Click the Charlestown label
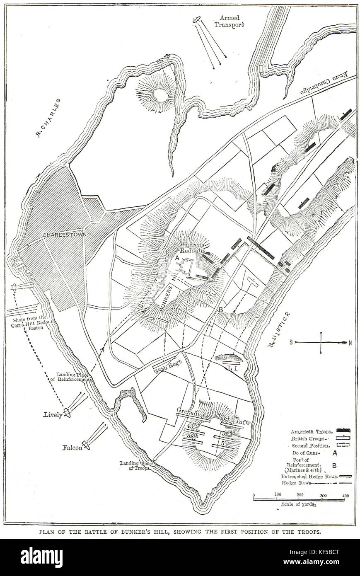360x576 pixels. click(65, 235)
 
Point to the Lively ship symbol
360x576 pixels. click(67, 413)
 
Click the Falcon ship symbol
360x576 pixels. click(86, 445)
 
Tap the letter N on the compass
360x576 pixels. click(350, 342)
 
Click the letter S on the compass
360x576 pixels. click(291, 342)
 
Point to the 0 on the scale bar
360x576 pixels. click(254, 495)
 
